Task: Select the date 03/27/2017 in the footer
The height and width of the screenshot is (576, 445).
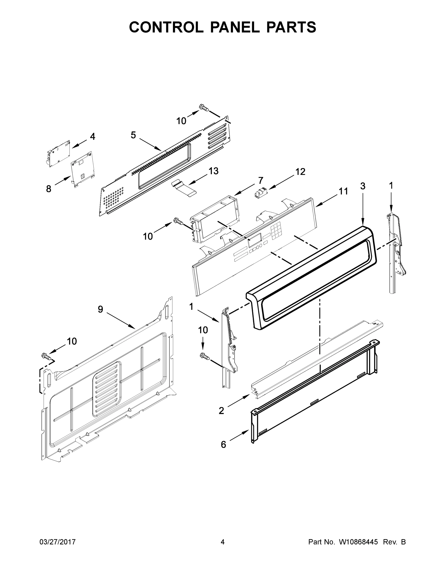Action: (x=58, y=542)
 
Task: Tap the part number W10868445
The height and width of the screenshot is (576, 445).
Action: (x=358, y=542)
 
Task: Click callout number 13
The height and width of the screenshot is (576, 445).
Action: (x=213, y=171)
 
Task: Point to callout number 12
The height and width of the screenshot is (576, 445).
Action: (x=300, y=172)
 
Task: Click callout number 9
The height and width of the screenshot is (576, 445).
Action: (x=100, y=309)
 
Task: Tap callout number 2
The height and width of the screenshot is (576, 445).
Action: (x=221, y=411)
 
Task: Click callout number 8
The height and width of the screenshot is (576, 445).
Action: (x=48, y=189)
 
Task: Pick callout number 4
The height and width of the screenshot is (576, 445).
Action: (x=93, y=136)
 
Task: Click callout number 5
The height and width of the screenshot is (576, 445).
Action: (x=133, y=135)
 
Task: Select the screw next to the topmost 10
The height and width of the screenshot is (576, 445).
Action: (x=204, y=107)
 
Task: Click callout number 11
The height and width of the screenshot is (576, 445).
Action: (x=343, y=191)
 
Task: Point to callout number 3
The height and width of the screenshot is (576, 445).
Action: (x=363, y=186)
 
